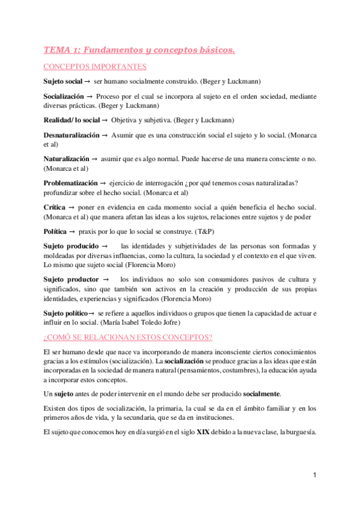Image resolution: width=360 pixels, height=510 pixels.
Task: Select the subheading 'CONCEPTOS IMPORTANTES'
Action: tap(95, 67)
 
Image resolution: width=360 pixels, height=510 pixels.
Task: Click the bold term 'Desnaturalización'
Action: tap(72, 136)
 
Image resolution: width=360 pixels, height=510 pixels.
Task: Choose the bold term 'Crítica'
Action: tap(55, 206)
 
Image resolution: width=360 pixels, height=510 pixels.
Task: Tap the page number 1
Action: tap(314, 475)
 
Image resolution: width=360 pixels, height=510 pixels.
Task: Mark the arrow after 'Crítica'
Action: tap(71, 206)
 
